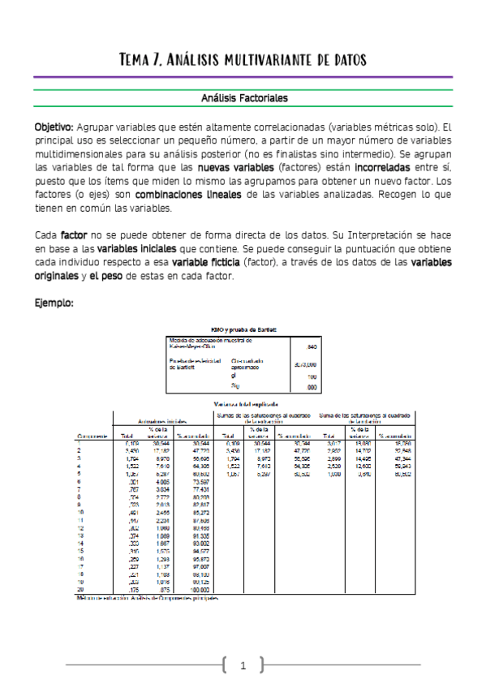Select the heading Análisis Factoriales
pyautogui.click(x=244, y=97)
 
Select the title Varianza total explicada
pyautogui.click(x=244, y=402)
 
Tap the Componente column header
pyautogui.click(x=92, y=436)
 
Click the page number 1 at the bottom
pyautogui.click(x=243, y=666)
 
